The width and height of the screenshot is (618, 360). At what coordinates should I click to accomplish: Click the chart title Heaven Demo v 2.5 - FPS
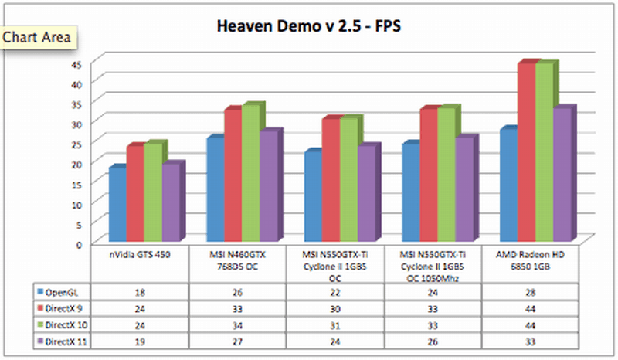309,27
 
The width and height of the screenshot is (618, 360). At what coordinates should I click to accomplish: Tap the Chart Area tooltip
39,36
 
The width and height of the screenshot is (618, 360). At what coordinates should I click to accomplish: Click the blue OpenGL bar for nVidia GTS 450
117,205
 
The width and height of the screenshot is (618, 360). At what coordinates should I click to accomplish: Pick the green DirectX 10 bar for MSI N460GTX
252,174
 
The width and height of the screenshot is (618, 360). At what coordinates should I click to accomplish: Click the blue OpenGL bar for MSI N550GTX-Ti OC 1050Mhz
411,193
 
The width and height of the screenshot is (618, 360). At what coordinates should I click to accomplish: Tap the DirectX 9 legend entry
63,309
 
